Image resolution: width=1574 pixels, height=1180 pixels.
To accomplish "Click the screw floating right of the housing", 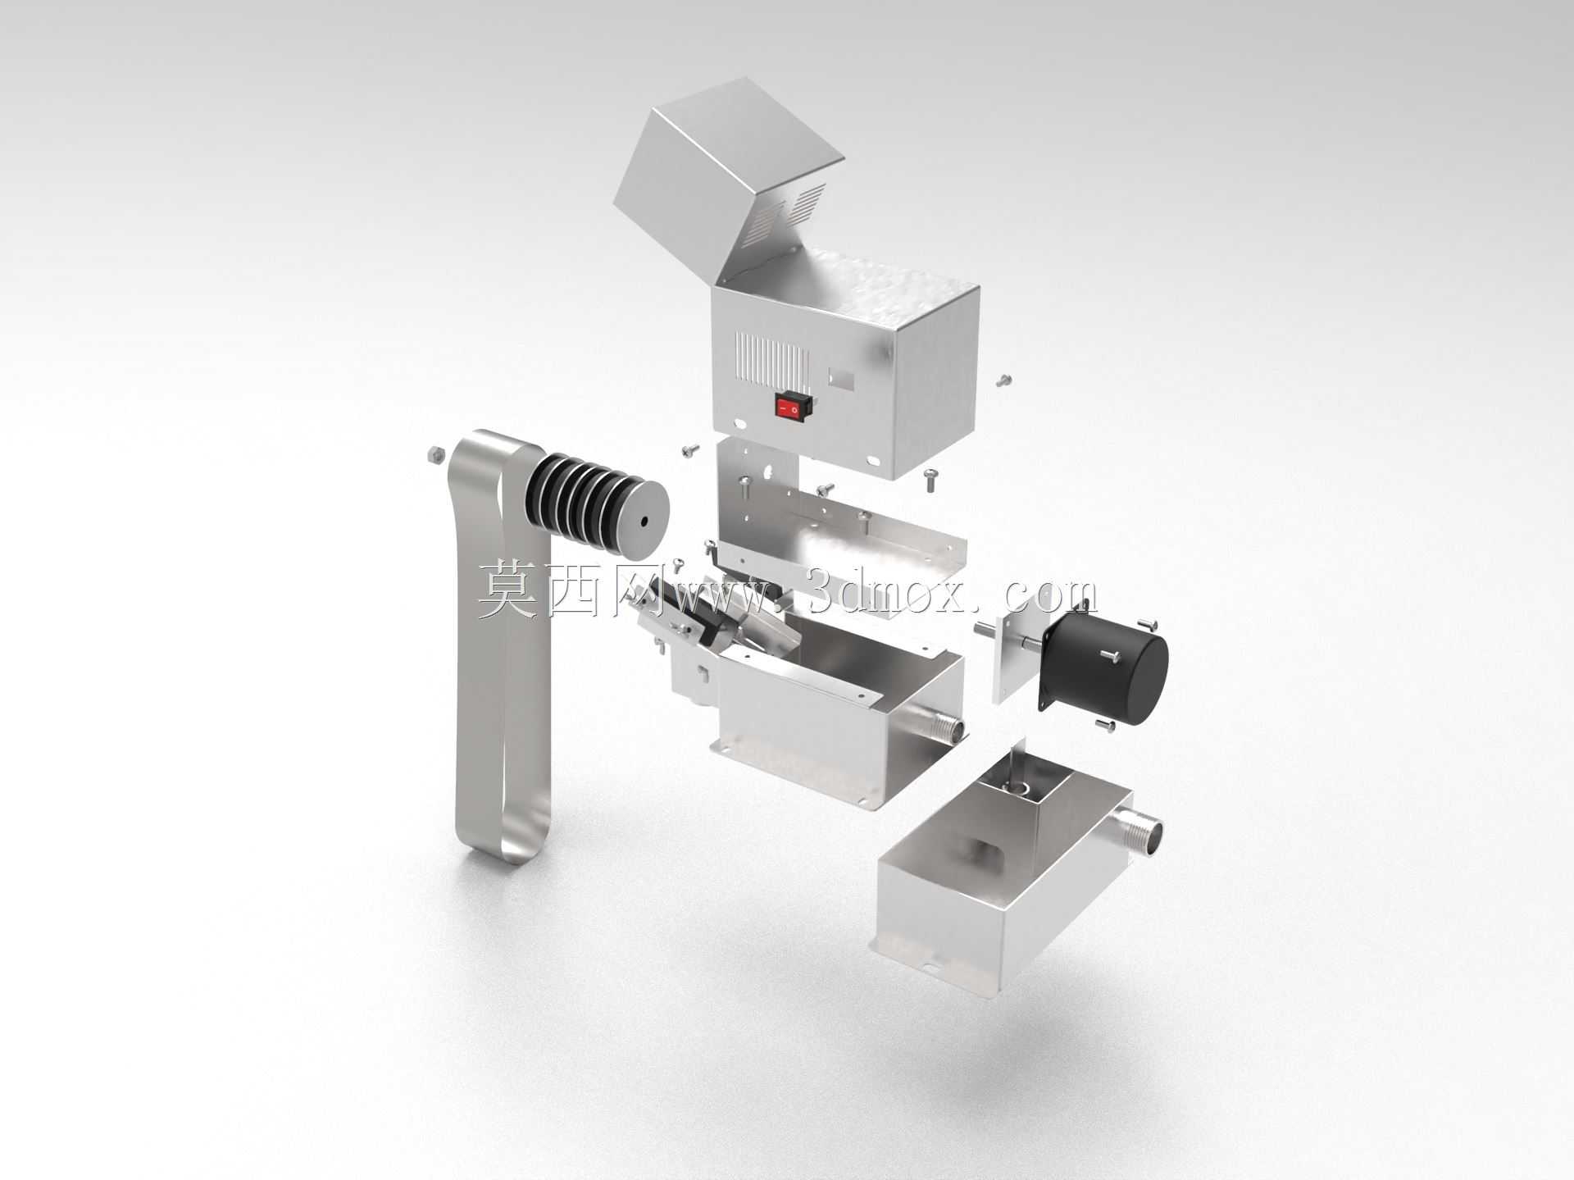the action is (1003, 380).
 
